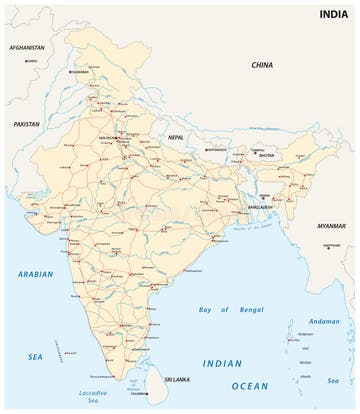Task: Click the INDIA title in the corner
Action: tap(334, 14)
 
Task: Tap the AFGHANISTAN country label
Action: tap(27, 48)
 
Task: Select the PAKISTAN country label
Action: tap(27, 124)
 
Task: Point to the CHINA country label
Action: tap(262, 65)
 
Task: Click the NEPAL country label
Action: tap(176, 136)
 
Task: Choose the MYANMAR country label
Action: tap(331, 226)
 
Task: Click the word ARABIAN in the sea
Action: tap(35, 274)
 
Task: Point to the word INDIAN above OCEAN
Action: tap(223, 364)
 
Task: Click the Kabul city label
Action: tap(32, 60)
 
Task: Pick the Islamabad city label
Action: tap(80, 72)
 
